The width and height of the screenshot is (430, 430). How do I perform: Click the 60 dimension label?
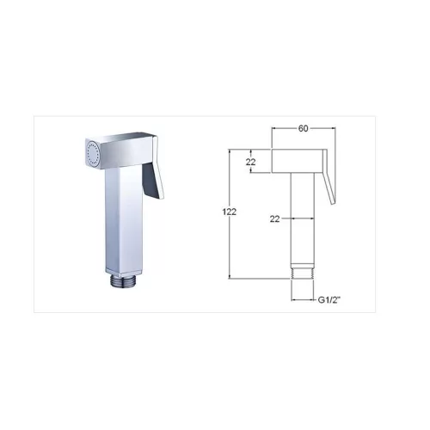pos(303,128)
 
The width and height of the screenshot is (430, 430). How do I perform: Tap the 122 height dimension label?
pos(230,212)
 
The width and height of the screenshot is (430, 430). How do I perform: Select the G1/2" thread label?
pos(329,300)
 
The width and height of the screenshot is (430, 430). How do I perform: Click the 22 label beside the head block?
pos(250,162)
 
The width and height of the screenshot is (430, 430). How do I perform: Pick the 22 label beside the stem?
pos(274,219)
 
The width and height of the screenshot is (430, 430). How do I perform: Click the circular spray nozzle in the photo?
pos(94,154)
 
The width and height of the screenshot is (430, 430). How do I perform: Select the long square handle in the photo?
pos(124,218)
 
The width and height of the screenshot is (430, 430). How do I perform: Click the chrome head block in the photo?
pos(120,150)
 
